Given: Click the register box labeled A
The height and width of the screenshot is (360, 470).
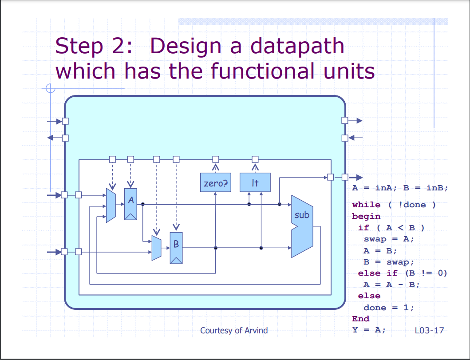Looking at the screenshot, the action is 130,204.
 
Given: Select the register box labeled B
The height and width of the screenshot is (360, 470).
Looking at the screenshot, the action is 176,248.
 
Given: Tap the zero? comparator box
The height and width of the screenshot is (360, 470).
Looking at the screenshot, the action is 216,182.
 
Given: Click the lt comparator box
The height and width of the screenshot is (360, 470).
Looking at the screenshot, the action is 255,182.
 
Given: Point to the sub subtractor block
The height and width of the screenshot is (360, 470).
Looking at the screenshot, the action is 302,226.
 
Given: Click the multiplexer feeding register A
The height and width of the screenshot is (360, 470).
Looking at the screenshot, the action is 111,206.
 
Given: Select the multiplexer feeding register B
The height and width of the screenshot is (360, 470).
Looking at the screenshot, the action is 157,248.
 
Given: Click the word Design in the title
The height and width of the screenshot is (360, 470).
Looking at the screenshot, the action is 185,46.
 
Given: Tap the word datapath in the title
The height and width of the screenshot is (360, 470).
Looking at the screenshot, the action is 297,46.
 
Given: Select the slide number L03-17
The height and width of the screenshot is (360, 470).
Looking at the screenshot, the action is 429,330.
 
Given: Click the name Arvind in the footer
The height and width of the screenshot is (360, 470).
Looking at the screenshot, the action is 256,330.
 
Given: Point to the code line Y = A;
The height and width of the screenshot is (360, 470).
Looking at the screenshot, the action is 369,330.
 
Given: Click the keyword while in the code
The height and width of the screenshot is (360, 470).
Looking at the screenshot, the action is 366,205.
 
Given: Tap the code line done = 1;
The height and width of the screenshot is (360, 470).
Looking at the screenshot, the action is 389,308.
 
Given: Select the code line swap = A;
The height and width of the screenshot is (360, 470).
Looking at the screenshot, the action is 389,239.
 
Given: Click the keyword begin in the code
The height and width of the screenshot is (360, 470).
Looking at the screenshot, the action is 366,217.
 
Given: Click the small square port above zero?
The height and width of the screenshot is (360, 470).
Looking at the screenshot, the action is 216,159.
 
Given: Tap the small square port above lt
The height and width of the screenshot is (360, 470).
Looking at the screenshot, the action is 255,159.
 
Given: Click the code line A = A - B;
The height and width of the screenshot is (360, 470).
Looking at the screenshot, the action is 391,285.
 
